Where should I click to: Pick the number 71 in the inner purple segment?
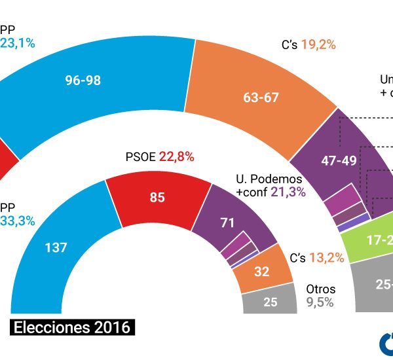(227, 223)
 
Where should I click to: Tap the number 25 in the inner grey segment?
(270, 302)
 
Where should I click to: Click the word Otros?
(321, 289)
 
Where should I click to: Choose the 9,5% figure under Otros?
(320, 302)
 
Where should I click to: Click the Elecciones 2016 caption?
(72, 327)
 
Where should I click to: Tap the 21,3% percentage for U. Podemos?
(290, 191)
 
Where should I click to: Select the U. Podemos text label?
(268, 179)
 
